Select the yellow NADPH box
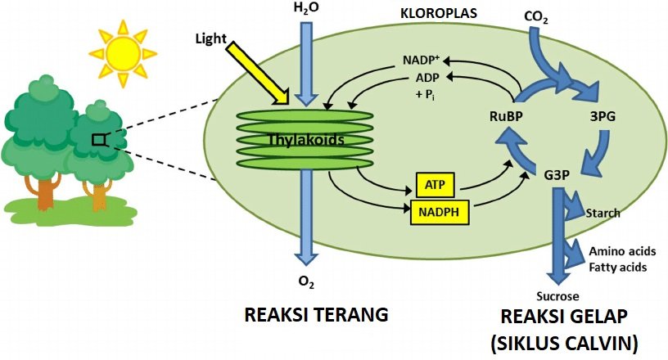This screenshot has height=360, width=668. point(438,212)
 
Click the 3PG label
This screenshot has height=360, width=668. point(603,116)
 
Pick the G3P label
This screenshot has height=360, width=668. point(558,174)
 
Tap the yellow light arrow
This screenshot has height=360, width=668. point(258,74)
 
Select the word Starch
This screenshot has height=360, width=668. point(603,214)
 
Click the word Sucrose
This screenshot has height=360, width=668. point(557,296)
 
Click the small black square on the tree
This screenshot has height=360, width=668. point(98,140)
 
